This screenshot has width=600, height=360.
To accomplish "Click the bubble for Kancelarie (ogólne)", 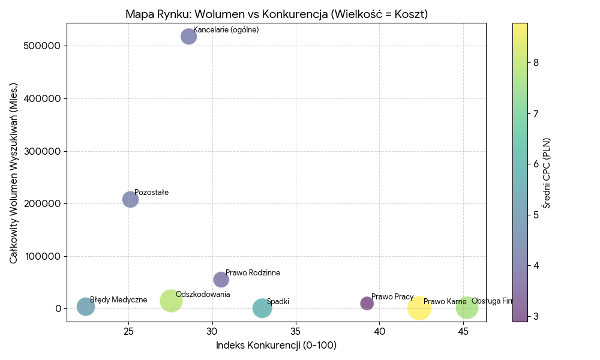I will click(188, 37).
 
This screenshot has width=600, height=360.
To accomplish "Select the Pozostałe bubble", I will click(130, 199).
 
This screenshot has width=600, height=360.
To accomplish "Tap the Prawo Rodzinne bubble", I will click(221, 280).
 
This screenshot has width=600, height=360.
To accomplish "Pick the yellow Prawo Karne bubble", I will click(419, 308).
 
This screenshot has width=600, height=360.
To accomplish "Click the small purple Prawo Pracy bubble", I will click(367, 304).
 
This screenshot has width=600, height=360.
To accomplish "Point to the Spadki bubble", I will click(262, 308).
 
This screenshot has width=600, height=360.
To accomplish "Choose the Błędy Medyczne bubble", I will click(86, 307).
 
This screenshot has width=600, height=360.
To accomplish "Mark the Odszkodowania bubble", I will click(171, 301).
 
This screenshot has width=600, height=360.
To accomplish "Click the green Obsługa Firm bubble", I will click(467, 308).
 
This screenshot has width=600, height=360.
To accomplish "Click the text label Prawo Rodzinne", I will click(253, 273).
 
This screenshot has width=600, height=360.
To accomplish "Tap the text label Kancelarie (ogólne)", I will click(226, 30).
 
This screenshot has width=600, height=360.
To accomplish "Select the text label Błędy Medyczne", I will click(118, 300).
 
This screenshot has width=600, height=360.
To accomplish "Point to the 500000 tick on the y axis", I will click(43, 46).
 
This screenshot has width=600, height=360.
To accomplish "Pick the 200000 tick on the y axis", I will click(43, 204).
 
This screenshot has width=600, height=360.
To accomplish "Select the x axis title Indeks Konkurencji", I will click(276, 346).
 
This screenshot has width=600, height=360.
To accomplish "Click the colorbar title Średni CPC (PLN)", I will click(547, 173).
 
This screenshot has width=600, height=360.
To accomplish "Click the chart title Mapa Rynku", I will click(276, 14).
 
